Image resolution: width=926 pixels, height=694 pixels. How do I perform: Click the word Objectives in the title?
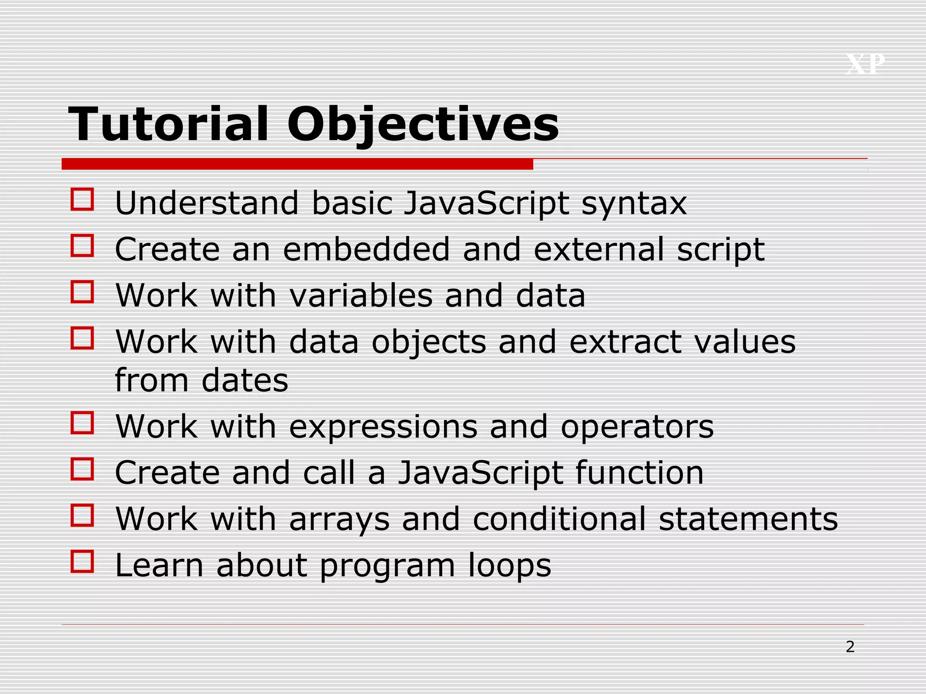(423, 124)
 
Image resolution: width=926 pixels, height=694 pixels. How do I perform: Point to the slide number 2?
(850, 647)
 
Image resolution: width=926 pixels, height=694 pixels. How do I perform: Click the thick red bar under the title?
(297, 164)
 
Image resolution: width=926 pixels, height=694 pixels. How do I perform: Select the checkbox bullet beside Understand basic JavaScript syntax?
(82, 199)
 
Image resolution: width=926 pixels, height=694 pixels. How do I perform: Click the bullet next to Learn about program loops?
(82, 561)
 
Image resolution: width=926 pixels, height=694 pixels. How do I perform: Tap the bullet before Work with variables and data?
(82, 291)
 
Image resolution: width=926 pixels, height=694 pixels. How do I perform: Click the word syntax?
(634, 204)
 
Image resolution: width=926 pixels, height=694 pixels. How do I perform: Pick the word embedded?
(366, 249)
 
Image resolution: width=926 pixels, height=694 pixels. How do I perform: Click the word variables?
(361, 295)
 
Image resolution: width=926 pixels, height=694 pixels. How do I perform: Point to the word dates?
(245, 380)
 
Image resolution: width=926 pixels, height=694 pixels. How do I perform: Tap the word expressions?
(383, 427)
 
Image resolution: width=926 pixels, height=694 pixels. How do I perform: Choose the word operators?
(637, 427)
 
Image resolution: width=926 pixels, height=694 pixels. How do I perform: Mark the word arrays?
(339, 519)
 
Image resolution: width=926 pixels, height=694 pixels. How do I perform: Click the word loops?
(510, 566)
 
